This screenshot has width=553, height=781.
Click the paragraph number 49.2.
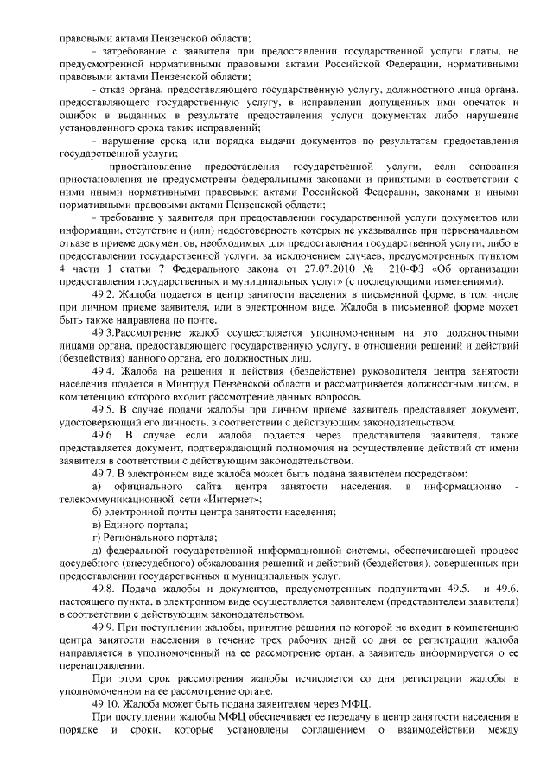(106, 293)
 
